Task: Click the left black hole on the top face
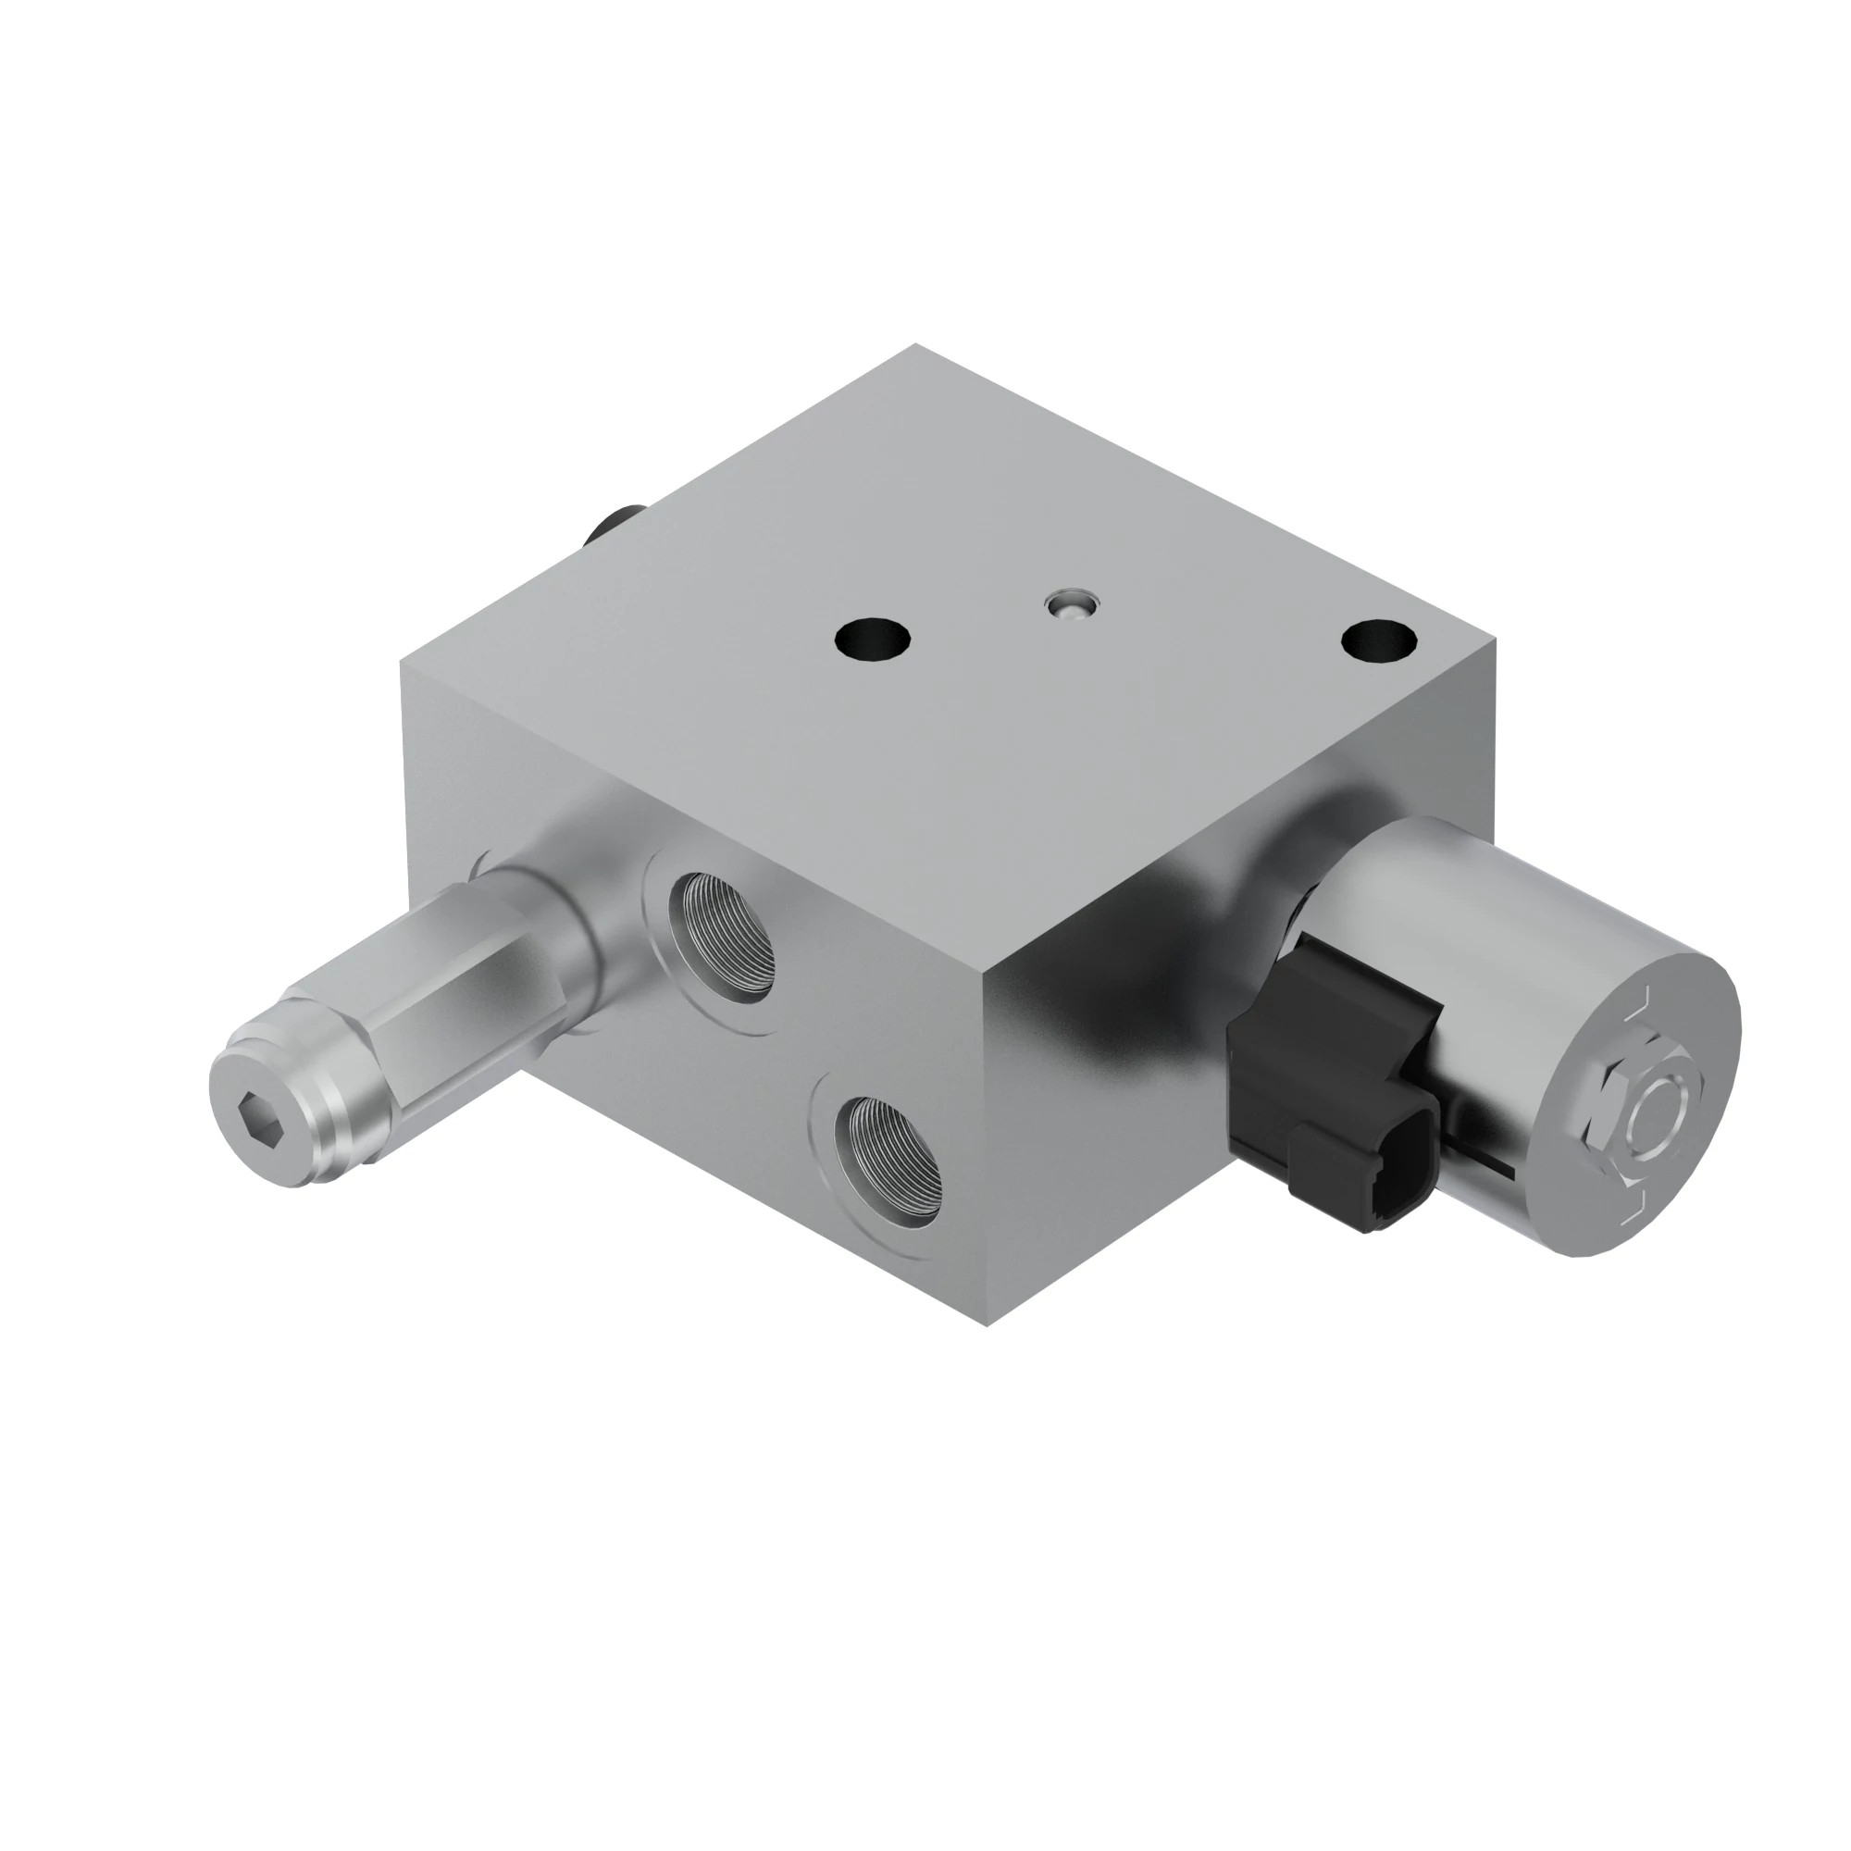click(871, 638)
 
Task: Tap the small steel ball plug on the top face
click(1072, 605)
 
